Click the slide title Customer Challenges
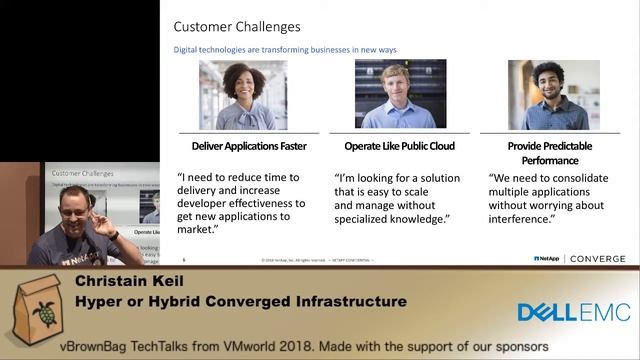237,27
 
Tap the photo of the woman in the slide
243,95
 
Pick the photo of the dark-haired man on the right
553,95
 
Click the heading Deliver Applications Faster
242,146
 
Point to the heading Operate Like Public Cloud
397,146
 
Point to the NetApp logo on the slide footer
546,258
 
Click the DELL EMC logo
573,313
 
